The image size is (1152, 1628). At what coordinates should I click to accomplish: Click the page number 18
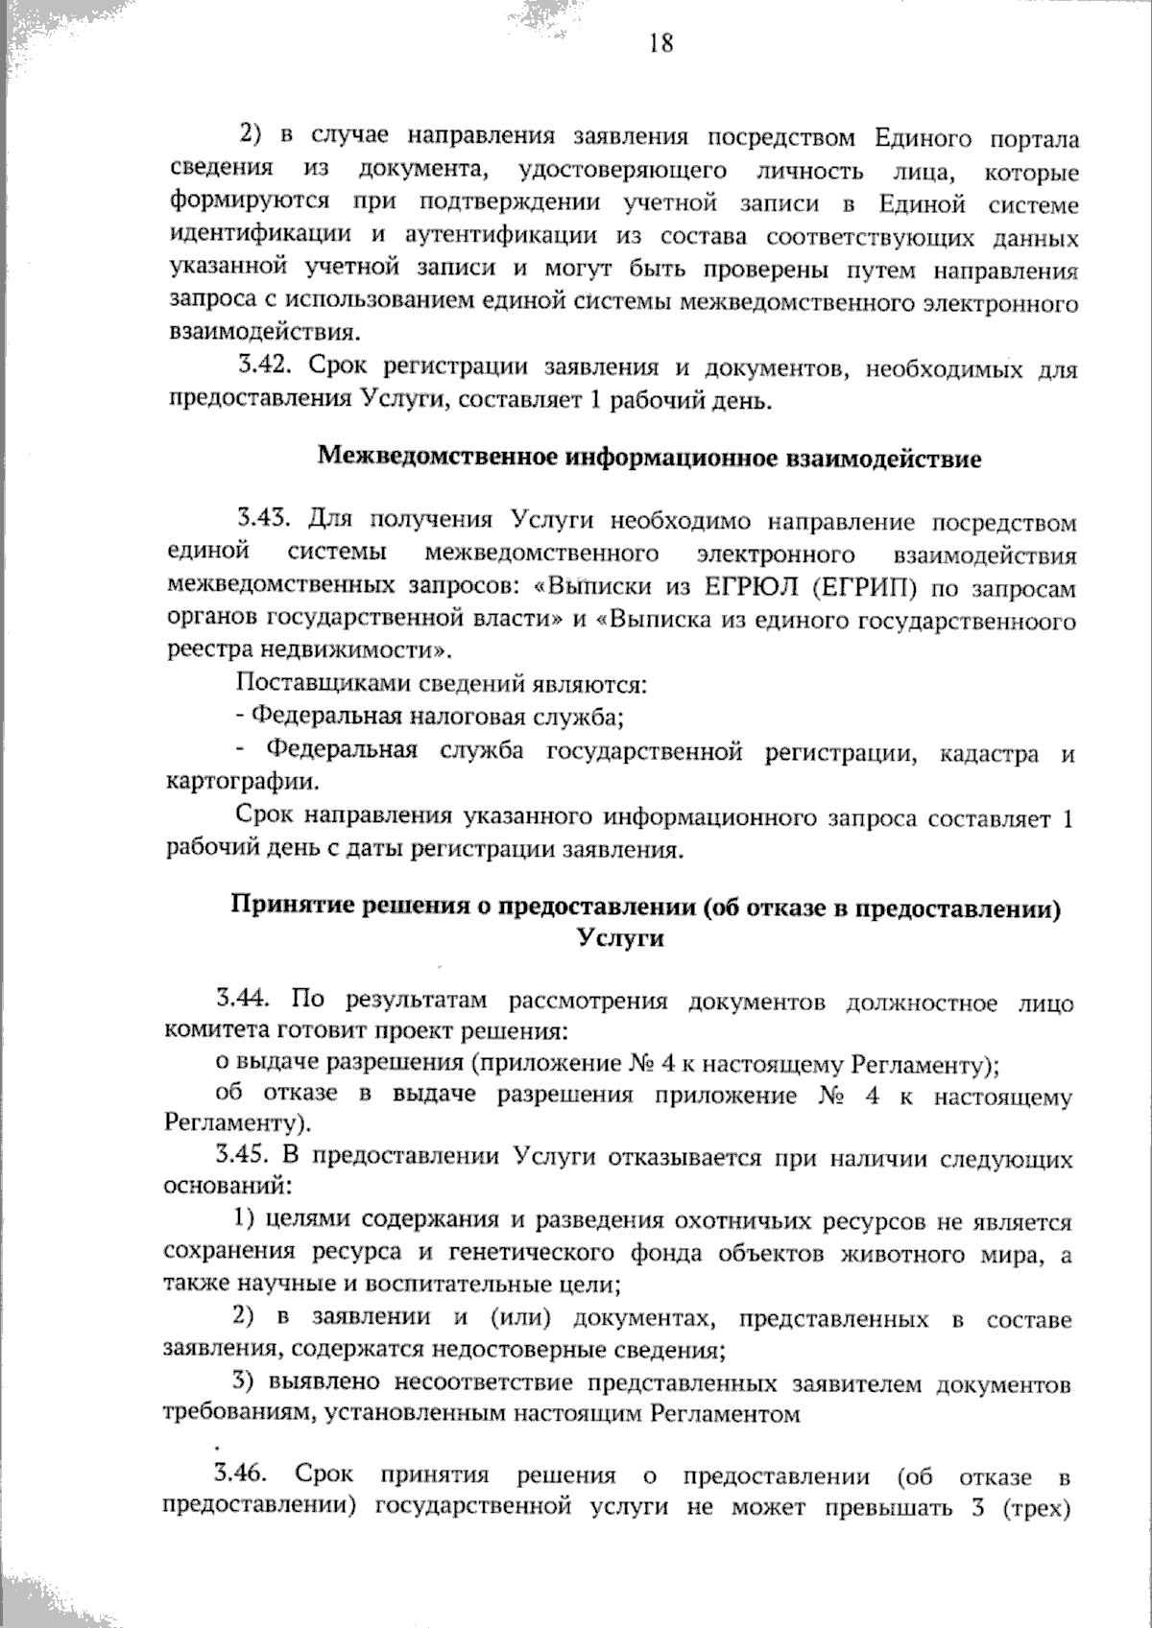pyautogui.click(x=660, y=43)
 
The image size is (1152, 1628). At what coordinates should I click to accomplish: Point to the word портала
pyautogui.click(x=1037, y=139)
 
